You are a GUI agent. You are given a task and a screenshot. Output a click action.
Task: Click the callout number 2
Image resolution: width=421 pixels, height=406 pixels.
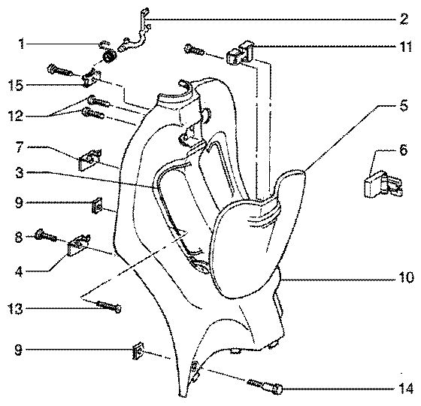click(404, 19)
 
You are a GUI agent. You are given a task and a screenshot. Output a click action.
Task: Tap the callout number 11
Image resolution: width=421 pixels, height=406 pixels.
click(404, 47)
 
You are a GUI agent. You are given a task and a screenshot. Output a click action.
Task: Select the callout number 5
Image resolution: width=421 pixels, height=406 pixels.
click(403, 106)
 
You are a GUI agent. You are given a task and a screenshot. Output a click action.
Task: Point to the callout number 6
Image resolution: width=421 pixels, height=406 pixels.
click(403, 150)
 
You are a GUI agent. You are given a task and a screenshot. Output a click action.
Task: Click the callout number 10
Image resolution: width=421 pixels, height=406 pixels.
click(405, 277)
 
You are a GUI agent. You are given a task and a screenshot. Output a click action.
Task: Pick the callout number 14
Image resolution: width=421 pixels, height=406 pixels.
click(405, 389)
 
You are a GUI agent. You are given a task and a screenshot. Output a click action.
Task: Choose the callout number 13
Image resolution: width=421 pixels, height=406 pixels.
click(15, 309)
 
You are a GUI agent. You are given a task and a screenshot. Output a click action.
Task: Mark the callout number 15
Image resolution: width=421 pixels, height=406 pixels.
click(15, 86)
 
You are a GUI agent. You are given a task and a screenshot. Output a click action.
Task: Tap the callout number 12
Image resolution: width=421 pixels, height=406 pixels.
click(15, 116)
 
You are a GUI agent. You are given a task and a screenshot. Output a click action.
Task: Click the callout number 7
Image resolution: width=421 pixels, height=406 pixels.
click(19, 147)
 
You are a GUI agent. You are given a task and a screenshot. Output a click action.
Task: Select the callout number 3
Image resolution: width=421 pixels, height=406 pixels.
click(19, 173)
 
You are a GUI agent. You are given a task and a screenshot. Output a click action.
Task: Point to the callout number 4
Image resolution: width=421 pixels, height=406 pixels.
click(19, 271)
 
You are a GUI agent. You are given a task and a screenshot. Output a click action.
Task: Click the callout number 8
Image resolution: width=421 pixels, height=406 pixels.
click(18, 238)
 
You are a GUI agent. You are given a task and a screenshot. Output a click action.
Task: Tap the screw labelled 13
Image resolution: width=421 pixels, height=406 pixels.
click(109, 307)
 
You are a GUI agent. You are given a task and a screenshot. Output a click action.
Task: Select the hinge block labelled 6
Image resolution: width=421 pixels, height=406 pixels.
click(383, 184)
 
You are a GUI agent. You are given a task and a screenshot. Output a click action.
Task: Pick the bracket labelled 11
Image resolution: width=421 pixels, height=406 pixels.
click(241, 53)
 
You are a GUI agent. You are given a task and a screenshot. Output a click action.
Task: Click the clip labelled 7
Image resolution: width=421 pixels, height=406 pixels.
click(90, 159)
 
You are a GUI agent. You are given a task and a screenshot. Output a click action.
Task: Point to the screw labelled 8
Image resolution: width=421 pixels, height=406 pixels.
click(46, 235)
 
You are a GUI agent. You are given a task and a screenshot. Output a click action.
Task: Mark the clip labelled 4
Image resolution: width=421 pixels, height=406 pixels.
click(79, 245)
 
